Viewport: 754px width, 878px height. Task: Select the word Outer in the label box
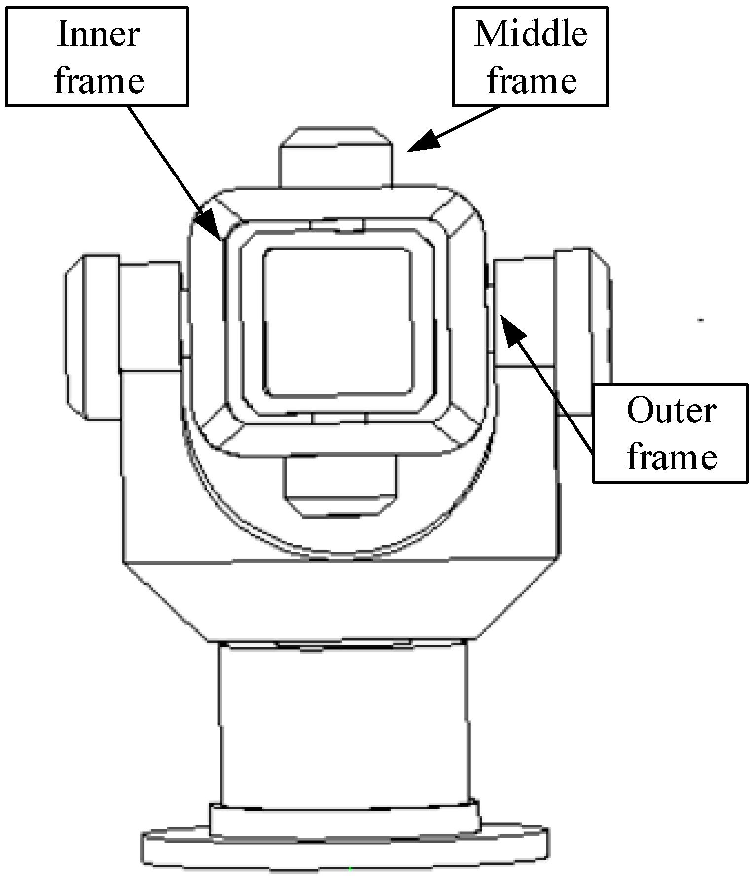coord(671,411)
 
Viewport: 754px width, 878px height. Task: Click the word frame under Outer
coord(671,457)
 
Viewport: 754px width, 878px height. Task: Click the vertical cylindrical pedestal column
coord(343,725)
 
